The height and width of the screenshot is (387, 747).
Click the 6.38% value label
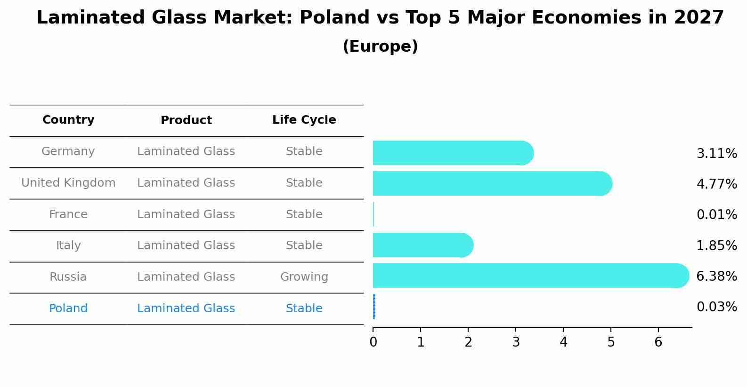(716, 276)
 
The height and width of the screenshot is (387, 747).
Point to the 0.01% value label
(716, 215)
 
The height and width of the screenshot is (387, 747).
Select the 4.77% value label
(716, 184)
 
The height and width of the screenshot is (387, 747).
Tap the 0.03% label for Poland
(716, 307)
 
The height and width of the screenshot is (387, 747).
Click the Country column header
(68, 120)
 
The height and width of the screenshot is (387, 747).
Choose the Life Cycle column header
(304, 120)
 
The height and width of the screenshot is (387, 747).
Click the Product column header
(186, 120)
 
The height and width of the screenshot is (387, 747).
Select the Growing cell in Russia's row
(304, 277)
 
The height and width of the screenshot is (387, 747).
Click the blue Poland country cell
(68, 308)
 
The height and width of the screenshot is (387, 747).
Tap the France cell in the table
(68, 214)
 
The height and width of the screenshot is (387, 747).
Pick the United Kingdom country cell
(68, 183)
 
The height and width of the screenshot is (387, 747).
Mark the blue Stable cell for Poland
(304, 308)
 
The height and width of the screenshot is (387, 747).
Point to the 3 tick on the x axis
(516, 342)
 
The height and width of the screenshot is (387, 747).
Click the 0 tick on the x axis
(373, 342)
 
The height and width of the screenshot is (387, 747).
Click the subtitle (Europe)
(380, 47)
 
